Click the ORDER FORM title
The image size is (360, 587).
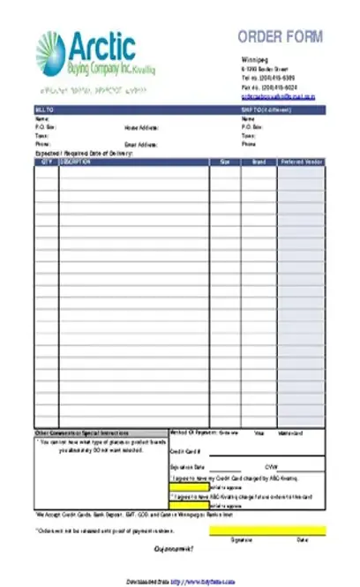280,35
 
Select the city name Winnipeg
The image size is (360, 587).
255,60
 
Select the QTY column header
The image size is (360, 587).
46,162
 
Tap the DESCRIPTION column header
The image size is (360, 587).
75,162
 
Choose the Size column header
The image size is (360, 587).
224,162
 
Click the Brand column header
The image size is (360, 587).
259,162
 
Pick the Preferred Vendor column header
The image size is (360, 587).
300,162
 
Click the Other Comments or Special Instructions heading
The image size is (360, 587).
81,433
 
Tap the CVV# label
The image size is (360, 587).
271,467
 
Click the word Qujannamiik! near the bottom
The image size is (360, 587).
174,549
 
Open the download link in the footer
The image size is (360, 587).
205,581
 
